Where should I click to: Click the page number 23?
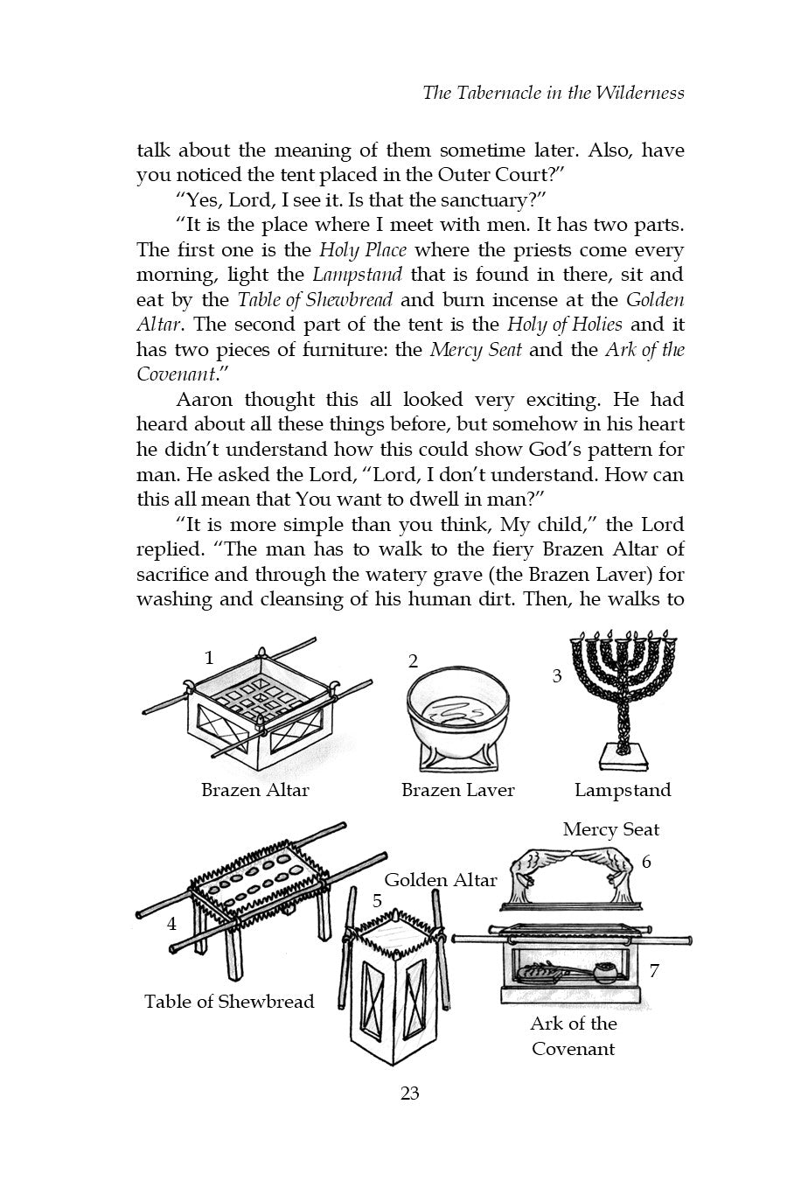pos(409,1093)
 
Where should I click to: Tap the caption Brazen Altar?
pos(255,790)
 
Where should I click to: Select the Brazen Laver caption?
pos(457,790)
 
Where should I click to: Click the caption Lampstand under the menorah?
pos(623,790)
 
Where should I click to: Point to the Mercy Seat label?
pos(611,829)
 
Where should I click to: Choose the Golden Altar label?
pos(441,880)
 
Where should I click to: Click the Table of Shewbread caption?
pos(229,1001)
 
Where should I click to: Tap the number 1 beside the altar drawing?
pos(209,658)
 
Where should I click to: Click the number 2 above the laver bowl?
pos(414,661)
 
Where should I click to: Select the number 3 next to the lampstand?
pos(557,676)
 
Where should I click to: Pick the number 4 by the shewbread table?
pos(172,923)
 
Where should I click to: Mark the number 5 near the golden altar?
pos(377,901)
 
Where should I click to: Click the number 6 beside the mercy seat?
pos(646,862)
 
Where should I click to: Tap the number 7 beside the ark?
pos(654,970)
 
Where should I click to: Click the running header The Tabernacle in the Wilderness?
pos(553,92)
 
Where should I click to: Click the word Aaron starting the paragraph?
pos(205,400)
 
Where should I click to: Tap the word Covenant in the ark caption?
pos(573,1048)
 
